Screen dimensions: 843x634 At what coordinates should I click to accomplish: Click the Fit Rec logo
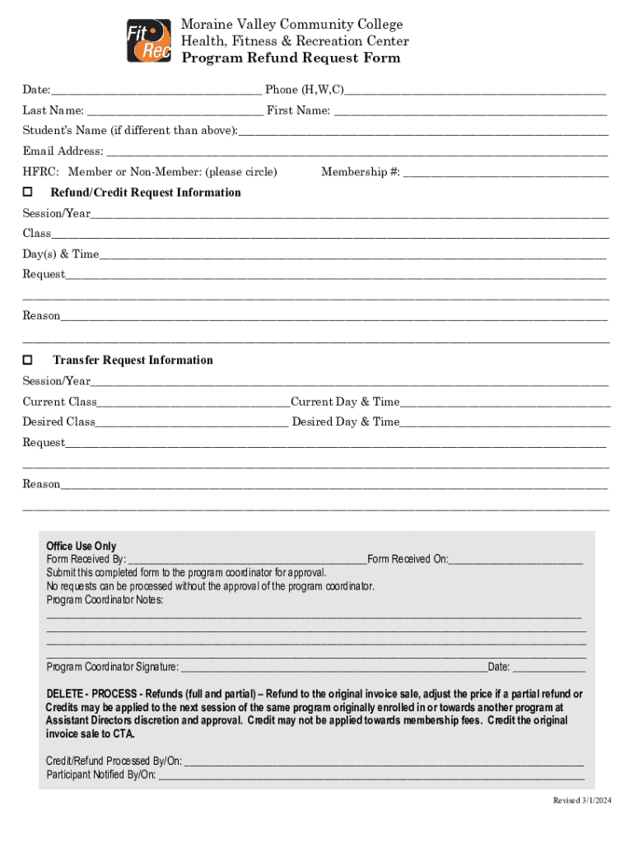pos(148,41)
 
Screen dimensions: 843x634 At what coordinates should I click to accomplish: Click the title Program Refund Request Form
pos(291,58)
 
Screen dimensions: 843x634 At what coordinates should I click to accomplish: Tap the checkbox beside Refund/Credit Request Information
pos(27,192)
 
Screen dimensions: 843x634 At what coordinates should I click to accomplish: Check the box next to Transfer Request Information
pos(27,360)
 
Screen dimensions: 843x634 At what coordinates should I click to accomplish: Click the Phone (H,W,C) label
pos(304,89)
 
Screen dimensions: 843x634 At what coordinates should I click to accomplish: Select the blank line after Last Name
pos(175,110)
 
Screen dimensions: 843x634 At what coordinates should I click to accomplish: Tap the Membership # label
pos(361,172)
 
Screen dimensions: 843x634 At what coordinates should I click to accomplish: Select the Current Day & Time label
pos(345,402)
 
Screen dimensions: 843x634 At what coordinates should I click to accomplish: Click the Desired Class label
pos(58,421)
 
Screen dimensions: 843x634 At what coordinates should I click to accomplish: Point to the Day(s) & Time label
pos(60,254)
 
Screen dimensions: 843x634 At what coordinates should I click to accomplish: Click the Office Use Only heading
pos(81,546)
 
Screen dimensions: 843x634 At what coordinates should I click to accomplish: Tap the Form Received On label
pos(408,559)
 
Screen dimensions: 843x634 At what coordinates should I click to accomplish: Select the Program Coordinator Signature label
pos(112,667)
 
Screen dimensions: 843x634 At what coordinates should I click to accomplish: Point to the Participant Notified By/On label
pos(101,775)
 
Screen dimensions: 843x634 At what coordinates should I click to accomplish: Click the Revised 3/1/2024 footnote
pos(581,801)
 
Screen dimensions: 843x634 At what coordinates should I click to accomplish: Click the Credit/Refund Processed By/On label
pos(114,761)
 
